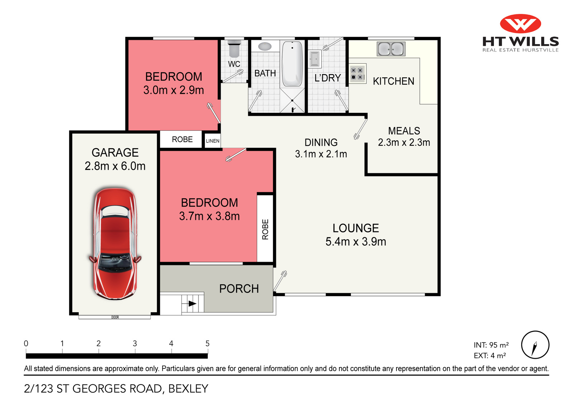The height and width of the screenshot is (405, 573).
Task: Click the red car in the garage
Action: [115, 244]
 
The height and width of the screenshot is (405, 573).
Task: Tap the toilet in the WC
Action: [234, 49]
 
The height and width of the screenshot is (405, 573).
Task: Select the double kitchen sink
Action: [391, 49]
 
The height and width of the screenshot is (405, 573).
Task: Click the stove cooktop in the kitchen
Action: [357, 74]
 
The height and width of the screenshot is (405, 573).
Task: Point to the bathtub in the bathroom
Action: [292, 64]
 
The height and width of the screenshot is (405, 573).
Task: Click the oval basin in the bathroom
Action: [265, 46]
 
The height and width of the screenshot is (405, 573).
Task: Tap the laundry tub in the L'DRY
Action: [314, 59]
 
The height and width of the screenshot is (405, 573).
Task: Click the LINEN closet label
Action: [212, 141]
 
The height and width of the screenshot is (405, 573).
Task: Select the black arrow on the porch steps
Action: [192, 304]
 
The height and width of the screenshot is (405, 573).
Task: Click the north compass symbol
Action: [535, 345]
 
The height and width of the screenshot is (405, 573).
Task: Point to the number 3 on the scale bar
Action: [135, 343]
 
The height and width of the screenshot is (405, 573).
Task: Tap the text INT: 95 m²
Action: [491, 345]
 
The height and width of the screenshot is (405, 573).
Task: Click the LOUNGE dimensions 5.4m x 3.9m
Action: [356, 242]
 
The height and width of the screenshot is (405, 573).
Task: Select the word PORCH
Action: [239, 289]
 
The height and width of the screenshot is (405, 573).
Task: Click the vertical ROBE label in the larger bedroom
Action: [265, 229]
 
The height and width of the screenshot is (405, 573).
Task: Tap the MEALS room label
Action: [404, 131]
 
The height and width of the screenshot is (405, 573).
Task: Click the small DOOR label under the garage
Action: [115, 317]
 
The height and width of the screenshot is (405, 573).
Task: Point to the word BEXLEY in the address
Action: [188, 389]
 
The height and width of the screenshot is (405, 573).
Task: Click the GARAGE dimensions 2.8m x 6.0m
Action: [115, 166]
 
